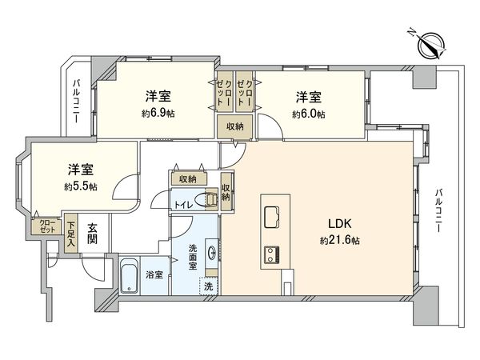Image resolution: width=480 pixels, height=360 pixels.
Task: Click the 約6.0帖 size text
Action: (309, 114)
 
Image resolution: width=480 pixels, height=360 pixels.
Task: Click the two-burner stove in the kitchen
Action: (271, 255)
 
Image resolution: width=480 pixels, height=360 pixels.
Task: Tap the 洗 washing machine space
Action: (208, 286)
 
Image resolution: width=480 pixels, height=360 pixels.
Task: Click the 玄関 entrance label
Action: (93, 234)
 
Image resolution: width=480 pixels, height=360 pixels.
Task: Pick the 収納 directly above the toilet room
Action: (188, 179)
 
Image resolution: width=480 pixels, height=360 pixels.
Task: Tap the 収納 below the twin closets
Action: (234, 126)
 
